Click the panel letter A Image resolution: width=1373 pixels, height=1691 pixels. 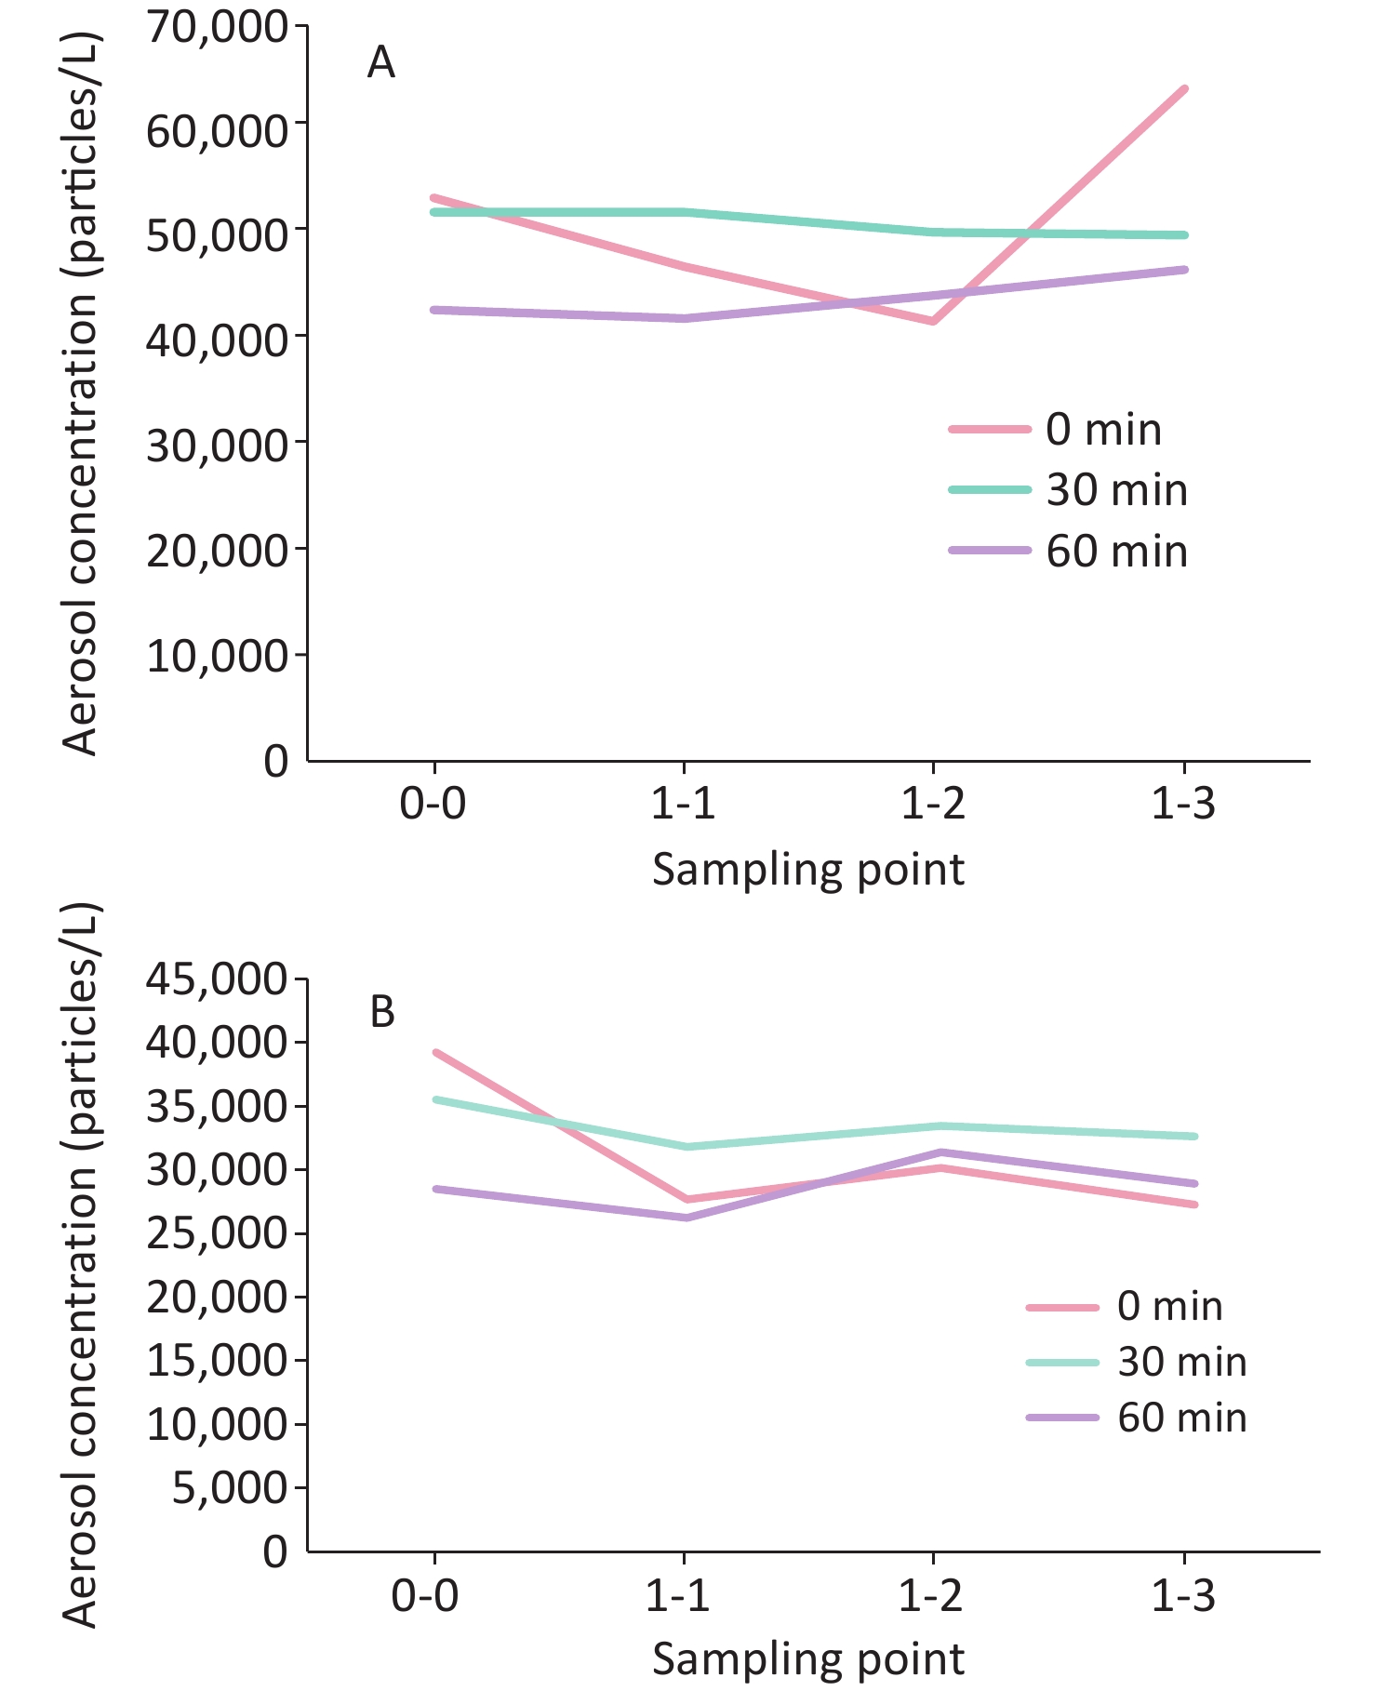(x=381, y=63)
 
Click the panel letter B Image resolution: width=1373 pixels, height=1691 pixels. (x=382, y=1012)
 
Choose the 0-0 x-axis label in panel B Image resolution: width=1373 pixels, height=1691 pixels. (x=425, y=1596)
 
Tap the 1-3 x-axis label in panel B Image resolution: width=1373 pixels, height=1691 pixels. (x=1183, y=1596)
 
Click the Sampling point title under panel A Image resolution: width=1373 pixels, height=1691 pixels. (x=808, y=871)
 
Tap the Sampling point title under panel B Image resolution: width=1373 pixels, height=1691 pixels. (x=808, y=1659)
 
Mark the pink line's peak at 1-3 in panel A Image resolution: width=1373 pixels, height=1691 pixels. (x=1184, y=89)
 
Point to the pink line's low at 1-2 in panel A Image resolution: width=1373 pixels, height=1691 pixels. (x=933, y=322)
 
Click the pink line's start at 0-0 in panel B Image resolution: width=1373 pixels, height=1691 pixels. (x=435, y=1052)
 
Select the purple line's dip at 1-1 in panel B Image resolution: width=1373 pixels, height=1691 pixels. (x=686, y=1218)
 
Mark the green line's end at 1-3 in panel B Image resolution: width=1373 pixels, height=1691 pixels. (x=1195, y=1136)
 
